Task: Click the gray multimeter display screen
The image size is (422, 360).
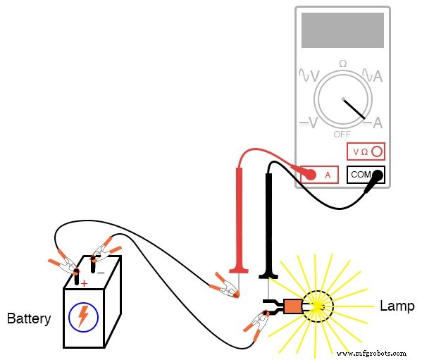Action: click(x=342, y=30)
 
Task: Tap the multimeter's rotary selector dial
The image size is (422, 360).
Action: click(x=342, y=99)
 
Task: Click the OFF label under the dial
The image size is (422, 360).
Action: click(x=342, y=134)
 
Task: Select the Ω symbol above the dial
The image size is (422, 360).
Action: click(x=342, y=64)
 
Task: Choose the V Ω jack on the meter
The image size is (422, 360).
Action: click(x=366, y=151)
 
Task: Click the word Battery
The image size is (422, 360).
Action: click(x=29, y=319)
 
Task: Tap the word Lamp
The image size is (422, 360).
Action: click(x=397, y=306)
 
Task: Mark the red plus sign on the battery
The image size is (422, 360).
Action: click(x=84, y=284)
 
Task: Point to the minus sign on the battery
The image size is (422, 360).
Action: click(x=100, y=273)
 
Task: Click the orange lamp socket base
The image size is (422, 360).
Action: click(x=292, y=306)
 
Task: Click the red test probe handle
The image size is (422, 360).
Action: click(x=240, y=218)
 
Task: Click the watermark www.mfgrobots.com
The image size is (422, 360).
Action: click(x=373, y=352)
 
